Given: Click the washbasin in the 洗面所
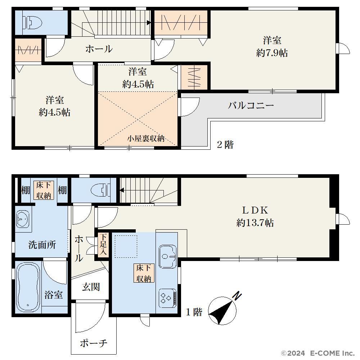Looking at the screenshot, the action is tap(23, 219).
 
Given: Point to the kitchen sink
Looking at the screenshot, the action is tap(168, 256).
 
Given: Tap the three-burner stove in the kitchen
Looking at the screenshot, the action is tap(168, 298).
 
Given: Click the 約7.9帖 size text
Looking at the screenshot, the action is tap(272, 53).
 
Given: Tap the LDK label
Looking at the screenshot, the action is tap(255, 210).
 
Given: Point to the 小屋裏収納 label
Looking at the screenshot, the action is tap(146, 139).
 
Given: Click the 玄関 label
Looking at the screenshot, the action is tap(91, 287).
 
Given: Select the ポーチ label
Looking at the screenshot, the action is tap(94, 343).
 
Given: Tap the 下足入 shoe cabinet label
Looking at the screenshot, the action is tap(103, 244).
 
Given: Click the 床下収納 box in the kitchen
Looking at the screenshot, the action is tap(144, 273).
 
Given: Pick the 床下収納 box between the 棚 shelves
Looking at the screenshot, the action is tap(44, 190).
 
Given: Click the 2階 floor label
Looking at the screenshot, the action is tap(225, 145).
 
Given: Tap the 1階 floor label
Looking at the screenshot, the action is tap(194, 312).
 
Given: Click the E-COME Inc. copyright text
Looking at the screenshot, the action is tap(318, 353).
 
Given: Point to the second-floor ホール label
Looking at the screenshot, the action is tap(99, 49).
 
